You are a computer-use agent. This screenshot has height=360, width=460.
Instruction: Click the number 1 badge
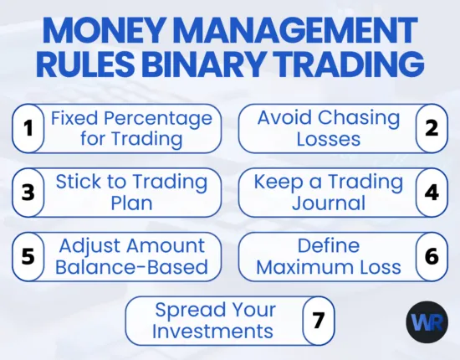(x=28, y=129)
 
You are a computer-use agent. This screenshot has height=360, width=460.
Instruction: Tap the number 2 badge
(x=432, y=129)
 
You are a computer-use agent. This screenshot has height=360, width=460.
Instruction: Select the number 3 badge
(x=28, y=192)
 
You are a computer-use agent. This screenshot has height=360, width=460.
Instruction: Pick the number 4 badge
(x=432, y=192)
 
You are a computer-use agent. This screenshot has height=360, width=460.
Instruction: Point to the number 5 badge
(x=28, y=256)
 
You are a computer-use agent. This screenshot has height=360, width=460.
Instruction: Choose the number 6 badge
(x=432, y=256)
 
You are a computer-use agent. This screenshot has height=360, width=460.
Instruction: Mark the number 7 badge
(x=318, y=320)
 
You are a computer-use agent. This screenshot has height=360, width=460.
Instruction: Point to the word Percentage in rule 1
(x=165, y=118)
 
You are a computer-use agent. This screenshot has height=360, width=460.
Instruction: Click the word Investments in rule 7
(x=214, y=331)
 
